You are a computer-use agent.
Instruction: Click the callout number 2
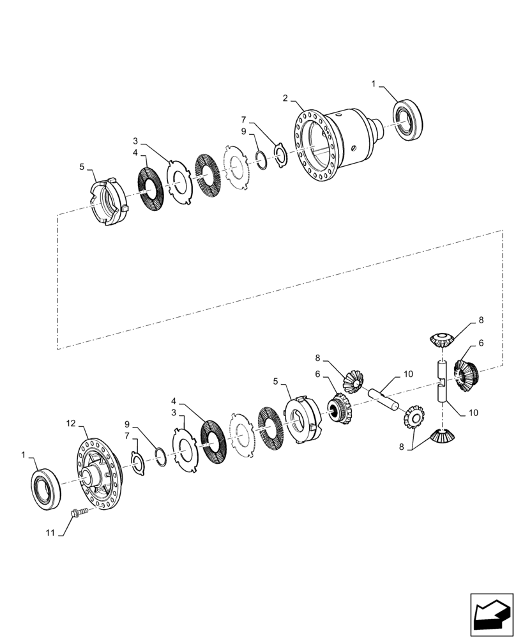pos(285,98)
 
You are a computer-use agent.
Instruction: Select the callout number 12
pos(72,423)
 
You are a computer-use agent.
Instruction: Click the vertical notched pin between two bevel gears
pos(442,381)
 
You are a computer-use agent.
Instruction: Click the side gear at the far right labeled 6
pos(467,374)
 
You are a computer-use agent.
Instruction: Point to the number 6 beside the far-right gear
pos(481,343)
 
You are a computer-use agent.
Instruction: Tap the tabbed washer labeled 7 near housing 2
pos(280,154)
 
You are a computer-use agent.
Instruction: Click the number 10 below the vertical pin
pos(473,413)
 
